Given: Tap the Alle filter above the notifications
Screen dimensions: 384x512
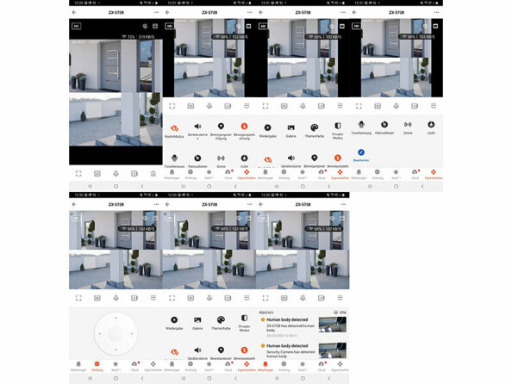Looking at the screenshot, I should click(x=341, y=312).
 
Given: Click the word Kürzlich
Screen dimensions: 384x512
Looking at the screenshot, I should click(x=266, y=312).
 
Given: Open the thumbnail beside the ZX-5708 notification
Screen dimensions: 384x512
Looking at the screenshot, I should click(x=332, y=325).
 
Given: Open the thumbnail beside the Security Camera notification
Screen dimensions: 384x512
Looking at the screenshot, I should click(x=332, y=350).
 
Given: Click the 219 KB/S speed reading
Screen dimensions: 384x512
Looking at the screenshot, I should click(x=148, y=37).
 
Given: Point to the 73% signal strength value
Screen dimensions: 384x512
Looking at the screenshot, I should click(x=131, y=37).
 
